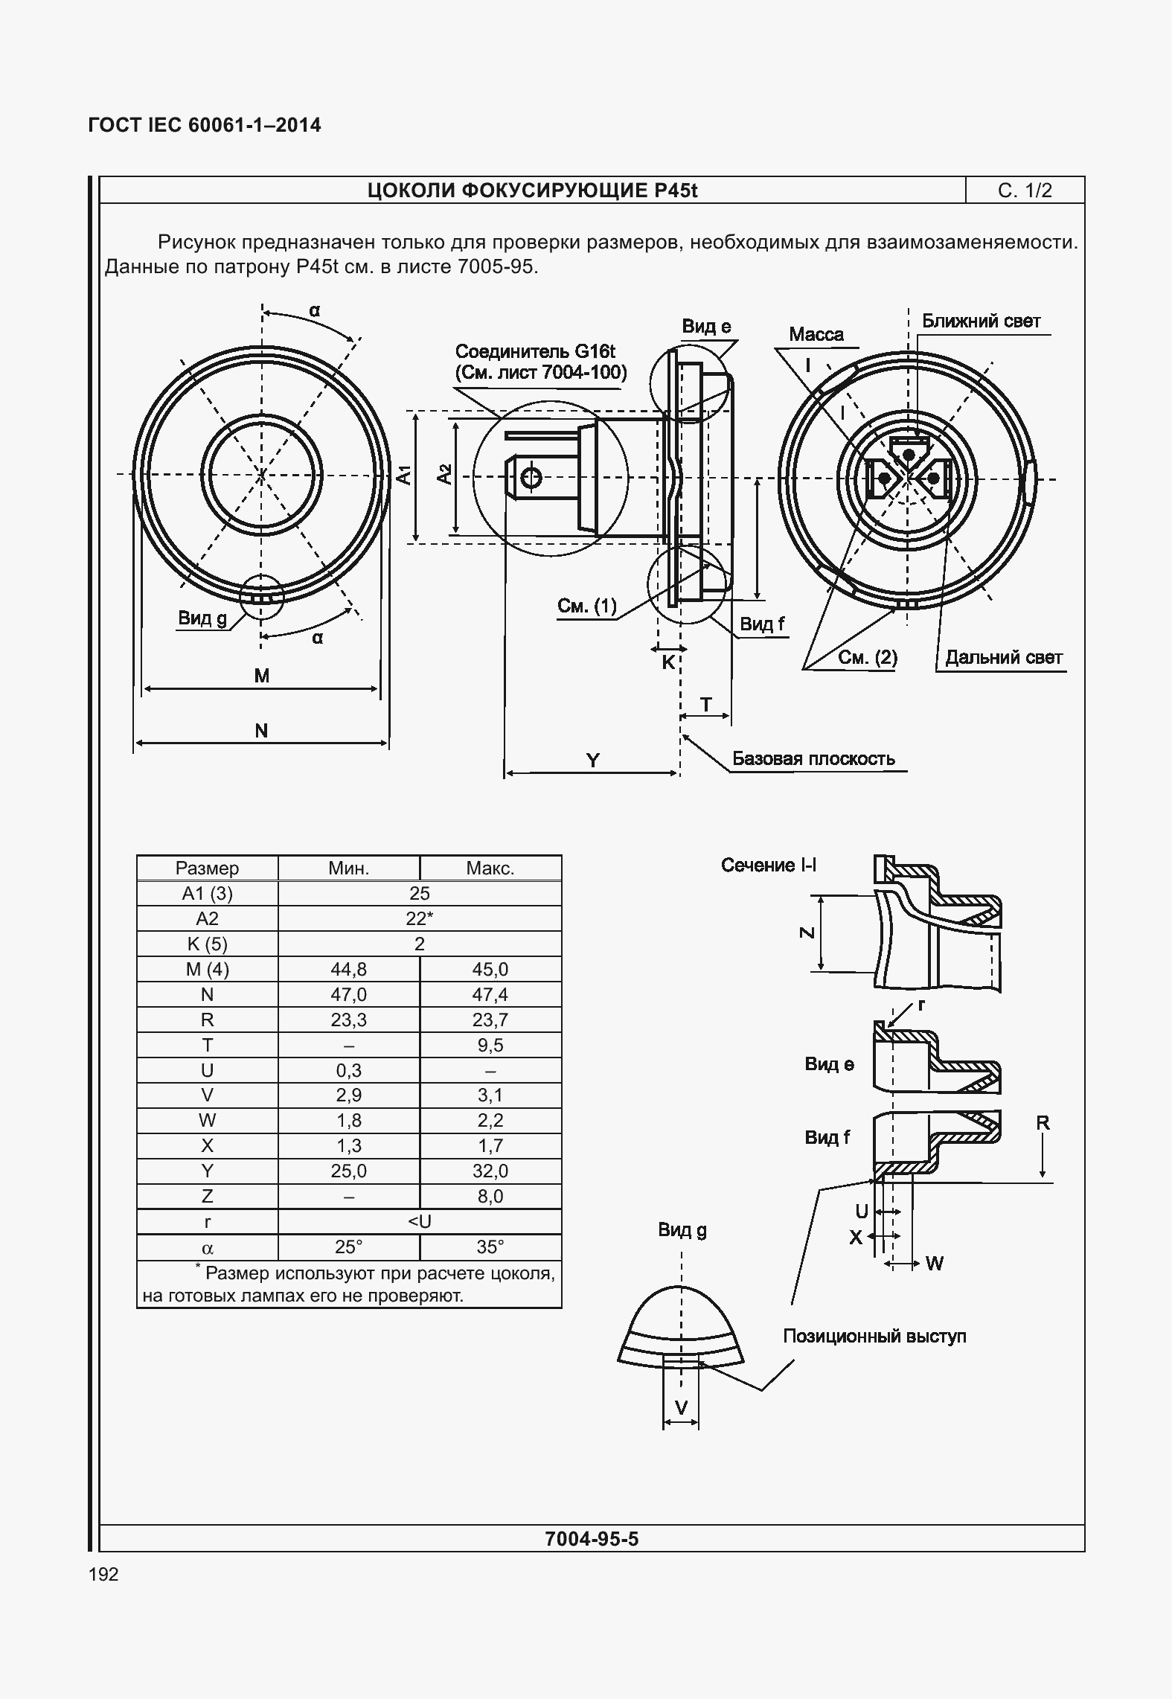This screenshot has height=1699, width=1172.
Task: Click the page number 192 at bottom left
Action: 103,1574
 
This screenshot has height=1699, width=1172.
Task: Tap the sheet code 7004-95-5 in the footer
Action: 592,1538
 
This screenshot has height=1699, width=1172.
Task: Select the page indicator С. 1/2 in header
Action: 1025,191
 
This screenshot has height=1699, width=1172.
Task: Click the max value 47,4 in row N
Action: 490,994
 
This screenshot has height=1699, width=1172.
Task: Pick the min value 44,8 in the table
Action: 348,969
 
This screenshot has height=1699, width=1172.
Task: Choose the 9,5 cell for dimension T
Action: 490,1045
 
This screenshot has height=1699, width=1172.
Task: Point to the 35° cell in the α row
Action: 490,1247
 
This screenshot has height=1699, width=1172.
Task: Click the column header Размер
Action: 207,868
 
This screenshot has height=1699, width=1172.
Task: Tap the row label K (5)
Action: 207,944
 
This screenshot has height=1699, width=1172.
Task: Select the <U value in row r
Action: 420,1221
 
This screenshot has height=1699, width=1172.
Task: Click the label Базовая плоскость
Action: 813,759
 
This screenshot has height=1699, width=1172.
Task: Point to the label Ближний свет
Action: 981,321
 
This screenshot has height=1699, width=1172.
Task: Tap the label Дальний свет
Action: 1004,657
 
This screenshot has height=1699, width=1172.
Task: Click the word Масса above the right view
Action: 816,334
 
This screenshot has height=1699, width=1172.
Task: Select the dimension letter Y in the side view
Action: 592,760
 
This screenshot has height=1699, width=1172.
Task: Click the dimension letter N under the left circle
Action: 261,731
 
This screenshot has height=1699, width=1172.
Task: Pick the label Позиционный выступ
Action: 874,1336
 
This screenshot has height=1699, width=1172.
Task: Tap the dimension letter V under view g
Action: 681,1407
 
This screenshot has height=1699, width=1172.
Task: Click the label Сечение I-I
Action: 769,865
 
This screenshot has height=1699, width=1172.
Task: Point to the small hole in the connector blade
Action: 531,477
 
